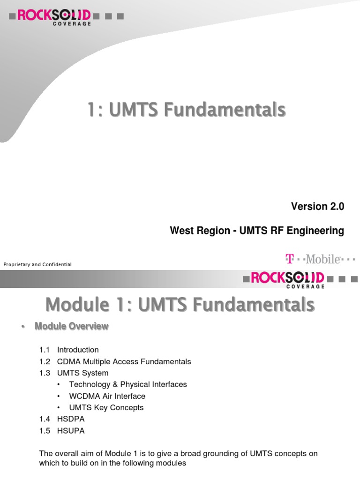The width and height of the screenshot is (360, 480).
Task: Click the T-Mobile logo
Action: (x=320, y=259)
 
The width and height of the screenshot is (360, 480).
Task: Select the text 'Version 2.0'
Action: (x=317, y=207)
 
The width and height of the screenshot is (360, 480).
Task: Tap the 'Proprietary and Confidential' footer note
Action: (x=37, y=265)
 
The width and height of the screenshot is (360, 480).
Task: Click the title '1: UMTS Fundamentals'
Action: (x=186, y=110)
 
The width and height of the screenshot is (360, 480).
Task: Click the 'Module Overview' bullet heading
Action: (x=72, y=326)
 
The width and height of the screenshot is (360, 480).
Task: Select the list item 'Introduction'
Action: (x=78, y=350)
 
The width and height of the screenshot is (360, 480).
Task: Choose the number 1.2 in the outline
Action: (x=45, y=361)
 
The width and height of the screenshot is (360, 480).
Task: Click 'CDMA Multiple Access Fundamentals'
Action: (x=124, y=361)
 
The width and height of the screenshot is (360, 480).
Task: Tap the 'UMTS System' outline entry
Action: (x=82, y=373)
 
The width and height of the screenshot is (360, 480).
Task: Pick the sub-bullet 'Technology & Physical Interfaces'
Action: (x=128, y=384)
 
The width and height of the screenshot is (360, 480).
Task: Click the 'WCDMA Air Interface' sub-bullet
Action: (x=107, y=396)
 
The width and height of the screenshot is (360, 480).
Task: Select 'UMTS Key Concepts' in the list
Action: (x=106, y=407)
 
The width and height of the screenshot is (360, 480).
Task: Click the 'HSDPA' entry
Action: (x=71, y=419)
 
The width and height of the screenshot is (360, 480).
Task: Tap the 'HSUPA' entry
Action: (x=71, y=431)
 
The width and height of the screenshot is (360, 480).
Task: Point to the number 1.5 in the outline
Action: (x=45, y=431)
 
